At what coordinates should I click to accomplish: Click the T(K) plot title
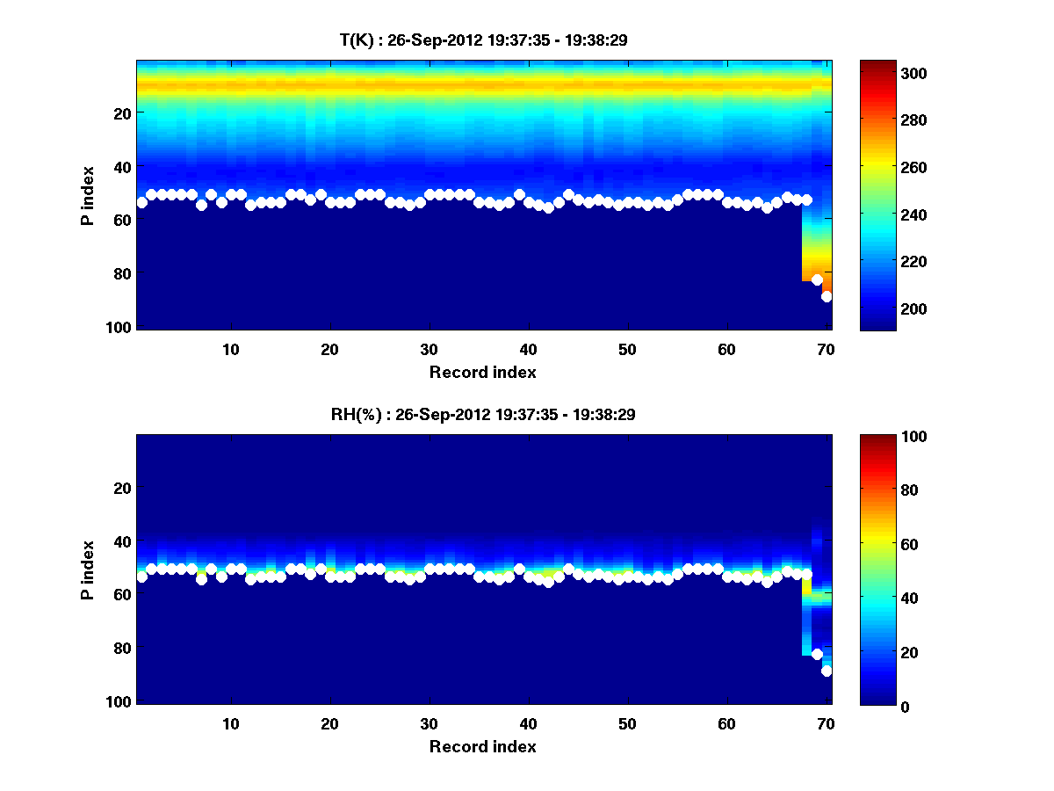tap(483, 40)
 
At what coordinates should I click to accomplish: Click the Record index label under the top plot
tap(483, 372)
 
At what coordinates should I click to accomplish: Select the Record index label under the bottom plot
tap(483, 746)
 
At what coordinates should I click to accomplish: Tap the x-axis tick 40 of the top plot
tap(528, 349)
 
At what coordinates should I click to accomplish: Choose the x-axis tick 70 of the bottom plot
tap(826, 723)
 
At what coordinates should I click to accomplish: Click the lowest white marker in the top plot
tap(827, 296)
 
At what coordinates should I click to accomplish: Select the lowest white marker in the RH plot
tap(827, 671)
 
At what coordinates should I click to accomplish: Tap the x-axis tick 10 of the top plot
tap(230, 349)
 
